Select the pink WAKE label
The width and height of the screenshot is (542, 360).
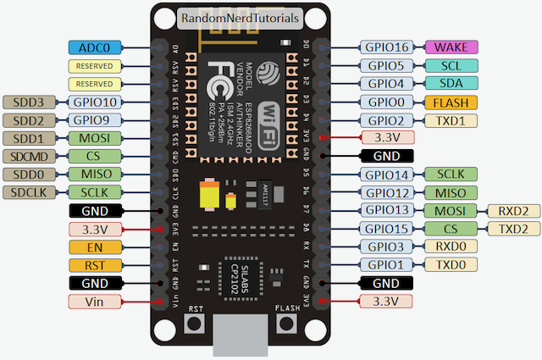(x=451, y=47)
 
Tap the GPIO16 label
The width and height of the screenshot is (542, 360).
(x=387, y=47)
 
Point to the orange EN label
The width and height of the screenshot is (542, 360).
(x=94, y=247)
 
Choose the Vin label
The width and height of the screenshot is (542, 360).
(x=94, y=302)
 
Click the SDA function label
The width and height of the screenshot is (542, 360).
(x=451, y=84)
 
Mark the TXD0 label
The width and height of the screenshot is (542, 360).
(x=451, y=265)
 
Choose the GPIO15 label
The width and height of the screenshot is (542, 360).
(x=387, y=229)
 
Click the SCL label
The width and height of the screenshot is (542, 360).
(x=451, y=65)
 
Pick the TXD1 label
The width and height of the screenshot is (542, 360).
(x=451, y=120)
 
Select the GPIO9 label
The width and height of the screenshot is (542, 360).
(x=94, y=120)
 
